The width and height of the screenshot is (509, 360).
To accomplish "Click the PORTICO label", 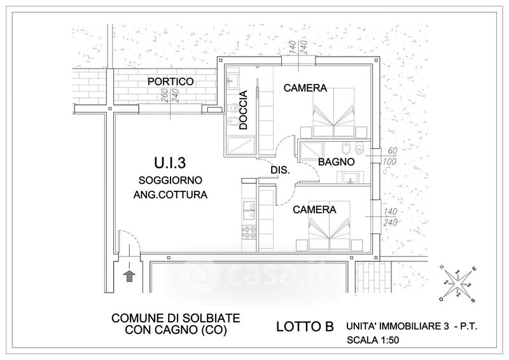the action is pos(171,82).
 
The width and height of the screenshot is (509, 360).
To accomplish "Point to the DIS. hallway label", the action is pos(280,171).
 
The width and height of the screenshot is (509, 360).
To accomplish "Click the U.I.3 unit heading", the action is pos(169,163).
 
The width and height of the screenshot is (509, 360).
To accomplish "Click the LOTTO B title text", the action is pos(305,328).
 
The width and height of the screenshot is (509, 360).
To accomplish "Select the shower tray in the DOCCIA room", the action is pos(239,146).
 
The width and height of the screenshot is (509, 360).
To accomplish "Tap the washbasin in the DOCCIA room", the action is pos(232,81).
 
